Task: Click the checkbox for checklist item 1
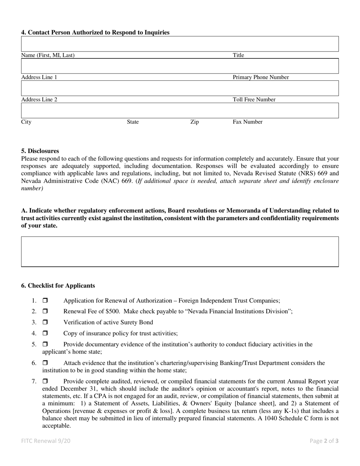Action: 45,301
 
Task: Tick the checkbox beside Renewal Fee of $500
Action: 45,311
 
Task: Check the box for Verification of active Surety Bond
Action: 45,322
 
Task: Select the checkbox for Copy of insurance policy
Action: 45,333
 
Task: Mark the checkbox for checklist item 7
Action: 45,382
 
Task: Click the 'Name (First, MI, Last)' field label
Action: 48,55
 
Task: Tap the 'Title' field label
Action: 238,55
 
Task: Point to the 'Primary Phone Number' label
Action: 261,77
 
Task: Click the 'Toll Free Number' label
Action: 254,100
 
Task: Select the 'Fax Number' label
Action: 247,122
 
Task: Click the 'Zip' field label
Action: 194,122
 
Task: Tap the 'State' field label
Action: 133,122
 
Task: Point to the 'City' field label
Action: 26,122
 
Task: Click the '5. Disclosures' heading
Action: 40,151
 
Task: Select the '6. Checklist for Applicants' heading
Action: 58,286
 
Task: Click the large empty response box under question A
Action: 180,252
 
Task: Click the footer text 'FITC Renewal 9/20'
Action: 45,441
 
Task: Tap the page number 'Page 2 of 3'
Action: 324,441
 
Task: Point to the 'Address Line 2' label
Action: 39,100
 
